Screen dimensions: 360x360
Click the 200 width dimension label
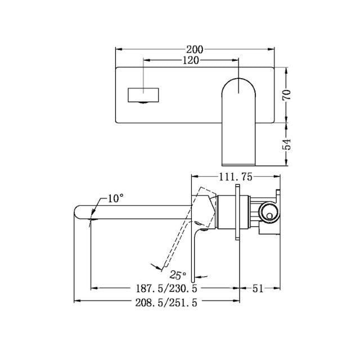pyautogui.click(x=196, y=49)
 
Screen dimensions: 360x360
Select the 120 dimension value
pyautogui.click(x=190, y=61)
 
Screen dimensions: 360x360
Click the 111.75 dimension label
pyautogui.click(x=235, y=176)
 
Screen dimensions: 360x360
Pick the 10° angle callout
pyautogui.click(x=115, y=198)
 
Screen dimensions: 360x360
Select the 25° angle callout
pyautogui.click(x=178, y=275)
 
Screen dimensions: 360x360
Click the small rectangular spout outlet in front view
pyautogui.click(x=144, y=94)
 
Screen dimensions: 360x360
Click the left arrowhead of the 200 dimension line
pyautogui.click(x=118, y=49)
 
